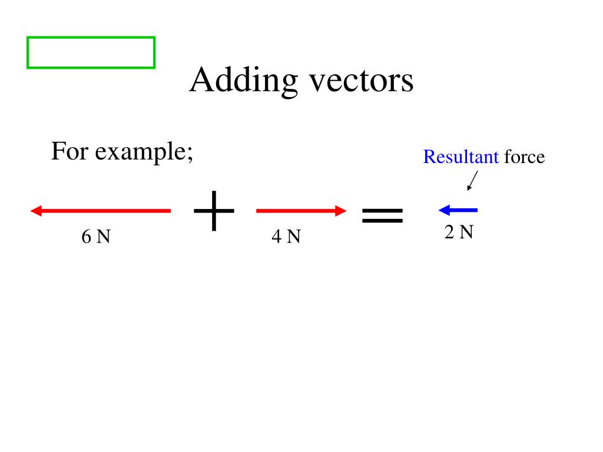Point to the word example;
pyautogui.click(x=144, y=153)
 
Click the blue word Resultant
pyautogui.click(x=461, y=157)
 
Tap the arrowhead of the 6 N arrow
pyautogui.click(x=35, y=211)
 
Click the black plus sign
pyautogui.click(x=214, y=211)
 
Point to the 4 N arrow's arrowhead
pyautogui.click(x=340, y=211)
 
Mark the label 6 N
pyautogui.click(x=96, y=237)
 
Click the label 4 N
pyautogui.click(x=286, y=237)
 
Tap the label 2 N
pyautogui.click(x=459, y=232)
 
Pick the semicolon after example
pyautogui.click(x=190, y=155)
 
